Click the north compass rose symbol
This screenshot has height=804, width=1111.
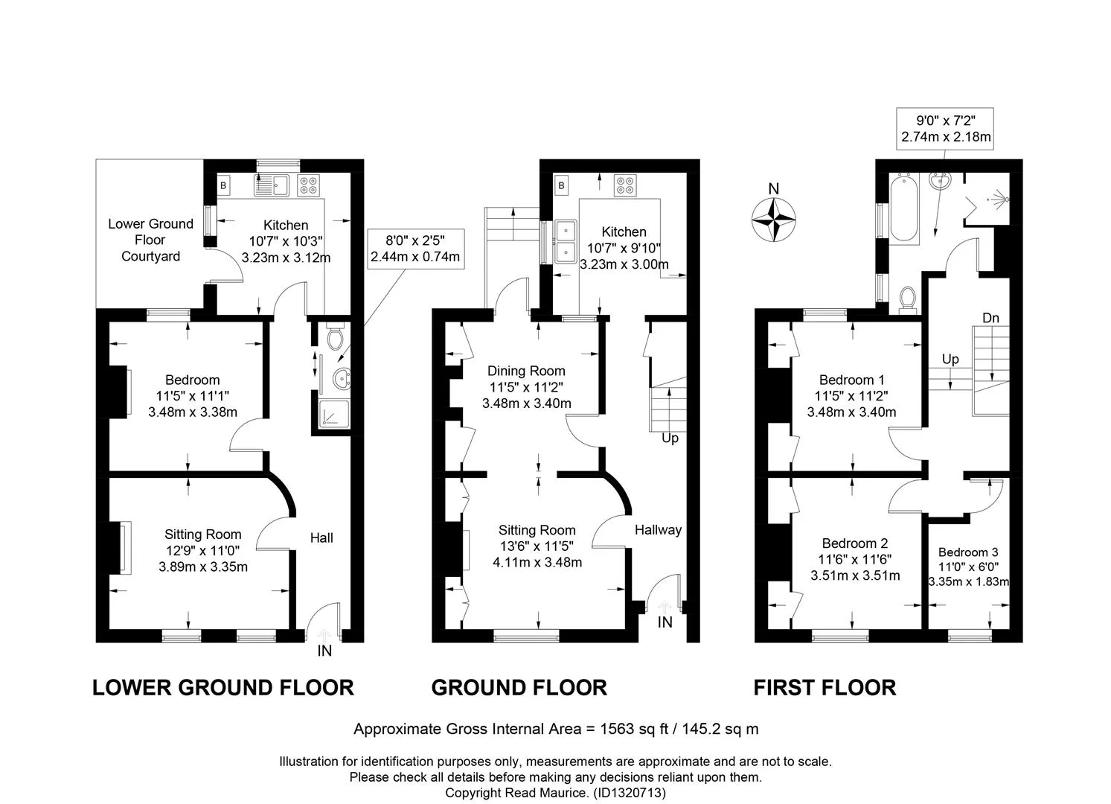(773, 219)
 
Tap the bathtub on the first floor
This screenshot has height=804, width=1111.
(904, 208)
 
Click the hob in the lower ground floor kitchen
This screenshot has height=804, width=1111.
(309, 185)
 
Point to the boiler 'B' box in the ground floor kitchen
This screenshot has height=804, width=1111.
(561, 185)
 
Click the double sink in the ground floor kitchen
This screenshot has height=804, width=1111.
(566, 242)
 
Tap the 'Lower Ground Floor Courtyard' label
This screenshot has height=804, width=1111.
(151, 240)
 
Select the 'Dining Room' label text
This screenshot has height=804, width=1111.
(526, 371)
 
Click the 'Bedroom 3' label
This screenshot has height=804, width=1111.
(968, 552)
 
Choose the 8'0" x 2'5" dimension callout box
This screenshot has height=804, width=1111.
(416, 249)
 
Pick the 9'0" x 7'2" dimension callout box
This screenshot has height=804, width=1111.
(945, 129)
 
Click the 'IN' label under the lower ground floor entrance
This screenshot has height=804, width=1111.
(324, 651)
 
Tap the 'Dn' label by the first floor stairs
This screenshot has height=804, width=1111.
(991, 318)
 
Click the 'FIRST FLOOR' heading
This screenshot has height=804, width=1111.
(825, 688)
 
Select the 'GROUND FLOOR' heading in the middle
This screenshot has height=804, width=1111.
(519, 688)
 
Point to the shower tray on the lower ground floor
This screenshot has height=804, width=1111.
(335, 415)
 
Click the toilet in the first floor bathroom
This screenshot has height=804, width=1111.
(909, 300)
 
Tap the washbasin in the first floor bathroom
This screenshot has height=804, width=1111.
(939, 181)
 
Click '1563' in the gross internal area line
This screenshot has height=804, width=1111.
(617, 729)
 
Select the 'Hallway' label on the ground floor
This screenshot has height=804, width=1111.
(658, 530)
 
